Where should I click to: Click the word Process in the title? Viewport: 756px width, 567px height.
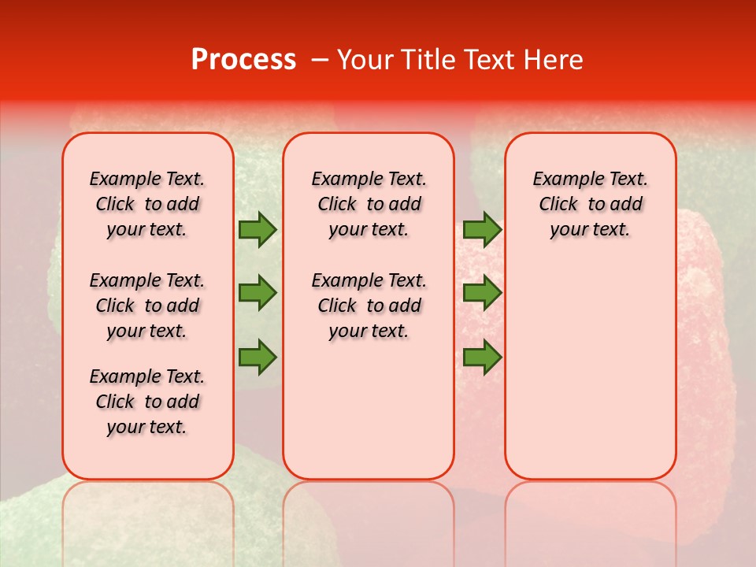(x=243, y=60)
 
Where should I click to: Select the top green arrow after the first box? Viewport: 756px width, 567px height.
(x=257, y=230)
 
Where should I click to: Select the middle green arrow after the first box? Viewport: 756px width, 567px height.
(x=257, y=293)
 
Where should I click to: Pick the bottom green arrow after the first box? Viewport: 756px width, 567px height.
(x=257, y=357)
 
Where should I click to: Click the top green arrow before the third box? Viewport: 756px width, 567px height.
(x=482, y=230)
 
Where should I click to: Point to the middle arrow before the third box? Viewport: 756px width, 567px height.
(x=482, y=293)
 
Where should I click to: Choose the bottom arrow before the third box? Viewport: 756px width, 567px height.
(x=482, y=357)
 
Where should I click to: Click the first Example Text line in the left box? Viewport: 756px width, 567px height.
(x=147, y=179)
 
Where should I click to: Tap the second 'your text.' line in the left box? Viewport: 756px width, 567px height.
(x=147, y=331)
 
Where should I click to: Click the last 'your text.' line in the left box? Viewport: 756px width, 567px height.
(x=147, y=427)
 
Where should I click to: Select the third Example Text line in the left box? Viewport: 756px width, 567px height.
(x=147, y=376)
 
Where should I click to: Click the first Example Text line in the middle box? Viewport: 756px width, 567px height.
(x=369, y=179)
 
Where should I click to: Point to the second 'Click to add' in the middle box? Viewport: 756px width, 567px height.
(x=369, y=306)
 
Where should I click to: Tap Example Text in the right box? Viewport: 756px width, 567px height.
(x=590, y=179)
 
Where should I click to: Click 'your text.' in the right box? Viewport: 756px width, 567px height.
(x=590, y=229)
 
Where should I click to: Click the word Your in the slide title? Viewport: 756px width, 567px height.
(x=364, y=60)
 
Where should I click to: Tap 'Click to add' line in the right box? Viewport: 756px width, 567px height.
(x=590, y=204)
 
